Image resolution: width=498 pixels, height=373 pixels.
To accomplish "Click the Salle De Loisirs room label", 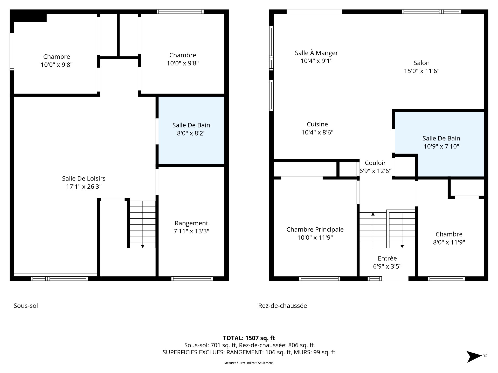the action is point(84,178).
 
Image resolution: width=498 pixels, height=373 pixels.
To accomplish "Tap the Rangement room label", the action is point(191,223).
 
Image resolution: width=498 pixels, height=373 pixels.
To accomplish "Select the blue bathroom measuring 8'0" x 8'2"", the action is point(191,130).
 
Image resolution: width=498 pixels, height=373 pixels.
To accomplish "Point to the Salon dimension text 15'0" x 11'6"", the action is point(422,71).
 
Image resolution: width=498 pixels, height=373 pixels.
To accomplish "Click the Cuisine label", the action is point(317,124).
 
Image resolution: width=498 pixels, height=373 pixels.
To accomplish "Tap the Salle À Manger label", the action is point(316,53).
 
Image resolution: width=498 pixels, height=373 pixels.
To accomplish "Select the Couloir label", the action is point(375,163).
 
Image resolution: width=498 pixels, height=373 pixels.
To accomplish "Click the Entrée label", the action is point(387,258).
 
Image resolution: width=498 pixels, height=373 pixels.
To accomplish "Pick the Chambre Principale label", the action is point(315,229).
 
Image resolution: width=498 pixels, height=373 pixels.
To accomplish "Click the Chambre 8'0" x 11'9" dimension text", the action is point(449,242).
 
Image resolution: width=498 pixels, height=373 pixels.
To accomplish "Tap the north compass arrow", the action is point(474,356).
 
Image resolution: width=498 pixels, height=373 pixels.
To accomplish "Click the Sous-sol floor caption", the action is point(26,306).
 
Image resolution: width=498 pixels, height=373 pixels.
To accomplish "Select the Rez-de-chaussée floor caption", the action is point(282,306).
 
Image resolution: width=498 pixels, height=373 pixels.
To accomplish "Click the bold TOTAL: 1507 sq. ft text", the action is point(249,338).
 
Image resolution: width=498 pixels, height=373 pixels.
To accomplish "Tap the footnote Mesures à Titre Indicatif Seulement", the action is point(249,363).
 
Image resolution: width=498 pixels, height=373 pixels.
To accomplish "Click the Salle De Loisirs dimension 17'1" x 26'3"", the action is point(84,187).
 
